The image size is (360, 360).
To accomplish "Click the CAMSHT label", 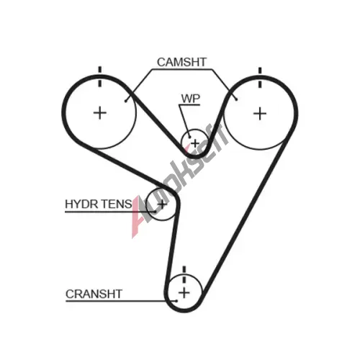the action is [x=181, y=62].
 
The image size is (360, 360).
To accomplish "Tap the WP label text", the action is [x=191, y=99].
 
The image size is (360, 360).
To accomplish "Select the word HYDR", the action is [x=81, y=204].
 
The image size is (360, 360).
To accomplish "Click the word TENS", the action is [x=116, y=204].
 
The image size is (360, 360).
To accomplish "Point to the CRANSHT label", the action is [x=94, y=294].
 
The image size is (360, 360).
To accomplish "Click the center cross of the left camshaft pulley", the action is [x=100, y=113].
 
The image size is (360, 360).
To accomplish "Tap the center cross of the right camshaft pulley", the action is [x=260, y=114].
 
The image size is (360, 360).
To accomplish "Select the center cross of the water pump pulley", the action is [x=195, y=143].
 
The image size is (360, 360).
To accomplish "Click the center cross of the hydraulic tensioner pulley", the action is [x=162, y=204].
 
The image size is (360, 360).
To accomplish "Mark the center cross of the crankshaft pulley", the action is [x=184, y=293].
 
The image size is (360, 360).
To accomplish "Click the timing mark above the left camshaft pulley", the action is [x=100, y=77].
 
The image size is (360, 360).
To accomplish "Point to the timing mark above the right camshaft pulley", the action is [x=260, y=78].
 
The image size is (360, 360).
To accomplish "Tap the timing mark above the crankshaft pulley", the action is [x=184, y=275].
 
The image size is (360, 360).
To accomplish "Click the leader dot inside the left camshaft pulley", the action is [x=125, y=101].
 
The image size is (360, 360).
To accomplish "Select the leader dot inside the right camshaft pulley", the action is [x=237, y=99].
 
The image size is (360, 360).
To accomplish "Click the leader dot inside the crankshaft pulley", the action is [x=176, y=301].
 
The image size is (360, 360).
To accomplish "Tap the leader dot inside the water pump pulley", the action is [x=189, y=137].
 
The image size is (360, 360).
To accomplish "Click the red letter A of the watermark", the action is [x=139, y=217].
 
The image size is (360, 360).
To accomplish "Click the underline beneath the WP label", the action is [x=189, y=105].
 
